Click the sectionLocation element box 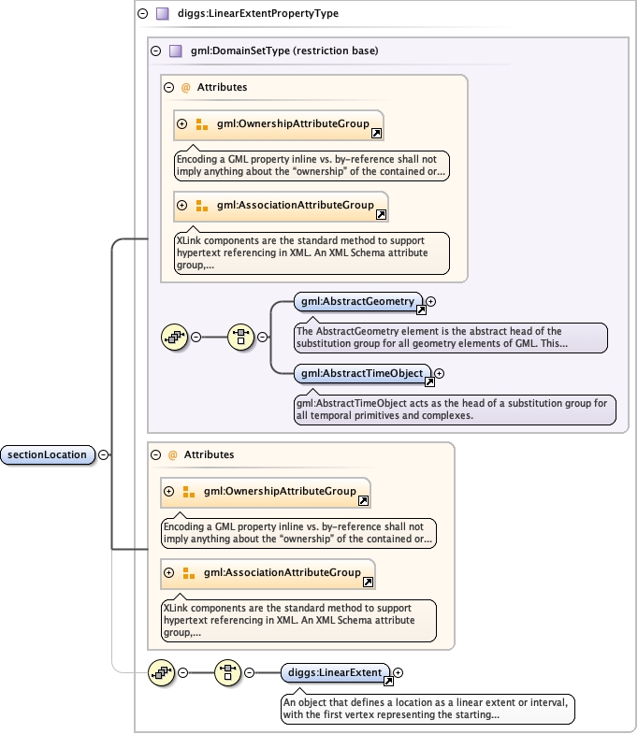(x=48, y=455)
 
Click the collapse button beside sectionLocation (x=103, y=455)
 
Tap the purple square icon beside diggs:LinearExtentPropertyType (x=162, y=14)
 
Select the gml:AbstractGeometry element (x=355, y=301)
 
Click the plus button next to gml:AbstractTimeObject (x=439, y=374)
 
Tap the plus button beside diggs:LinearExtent (x=399, y=672)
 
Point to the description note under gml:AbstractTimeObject (x=453, y=410)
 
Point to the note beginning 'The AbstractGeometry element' (x=449, y=337)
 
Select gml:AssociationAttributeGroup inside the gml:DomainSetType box (x=290, y=206)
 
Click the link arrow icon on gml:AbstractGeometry (x=421, y=309)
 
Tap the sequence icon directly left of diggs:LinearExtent (x=228, y=672)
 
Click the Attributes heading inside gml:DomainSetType (x=222, y=87)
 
